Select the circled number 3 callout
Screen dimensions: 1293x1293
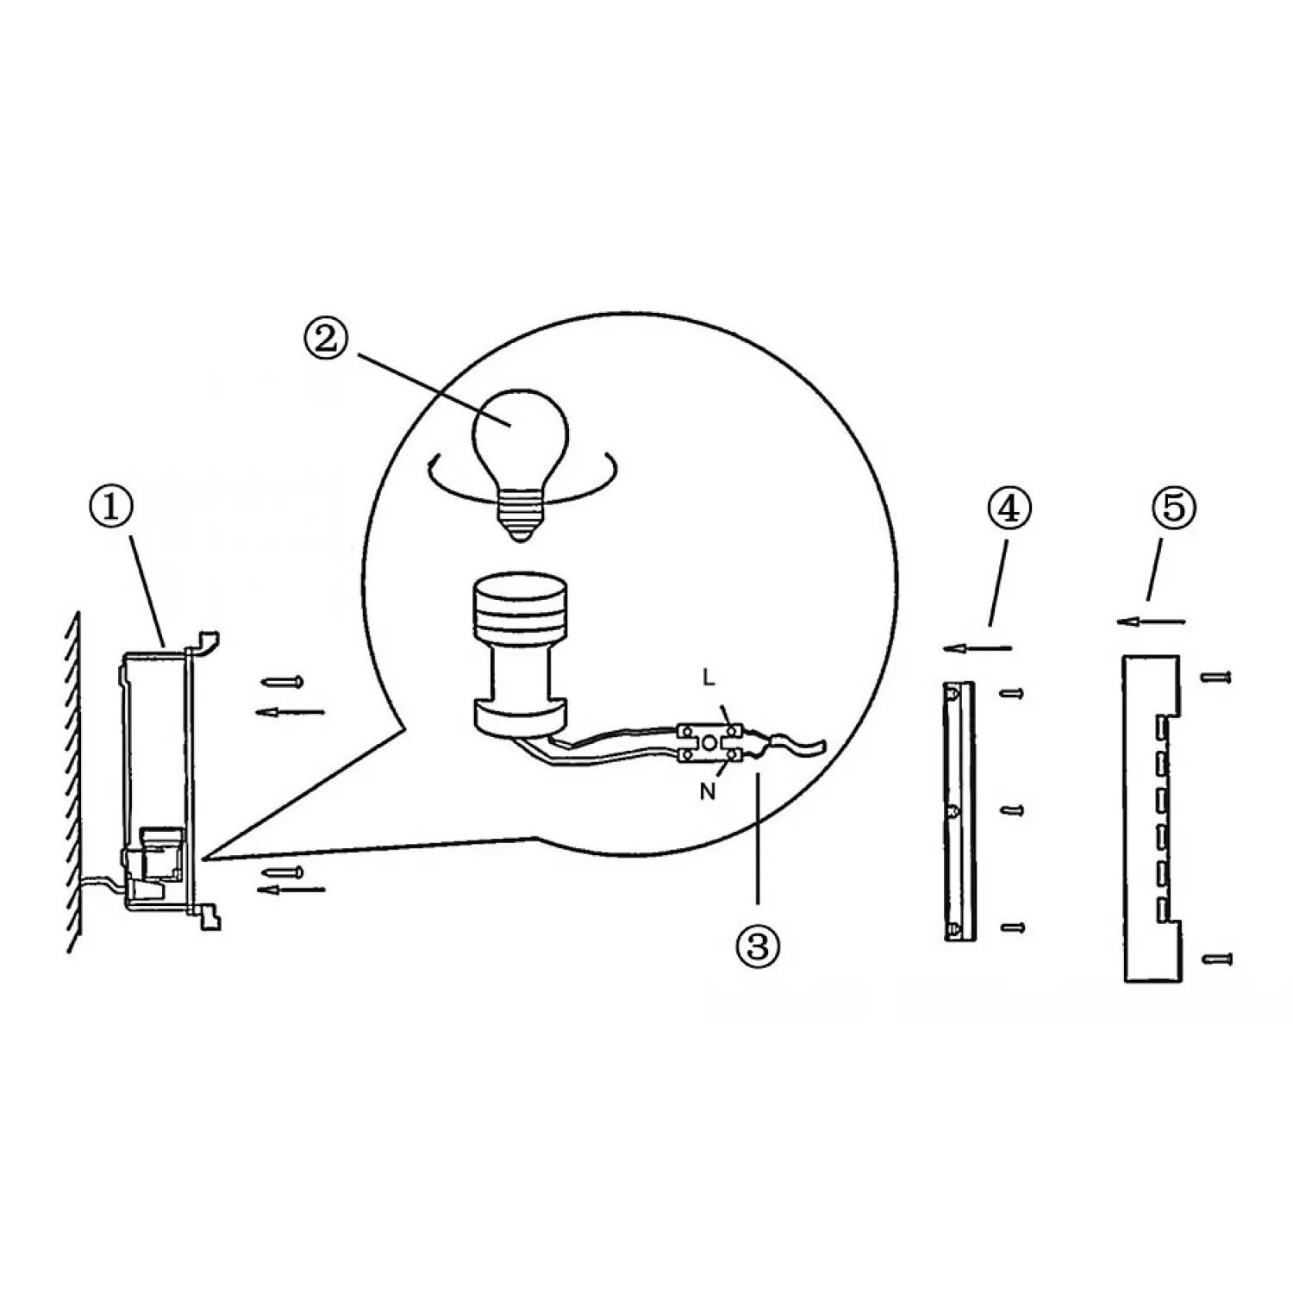757,946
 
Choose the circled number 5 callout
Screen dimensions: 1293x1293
1174,509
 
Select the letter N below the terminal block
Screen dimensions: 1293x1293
707,791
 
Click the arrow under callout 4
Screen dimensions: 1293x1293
978,647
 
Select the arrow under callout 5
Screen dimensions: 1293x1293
1151,620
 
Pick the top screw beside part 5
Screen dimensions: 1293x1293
1216,677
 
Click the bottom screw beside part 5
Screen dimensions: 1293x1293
1216,959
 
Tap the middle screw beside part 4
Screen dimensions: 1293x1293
1010,810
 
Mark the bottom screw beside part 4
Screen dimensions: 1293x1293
1010,927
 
